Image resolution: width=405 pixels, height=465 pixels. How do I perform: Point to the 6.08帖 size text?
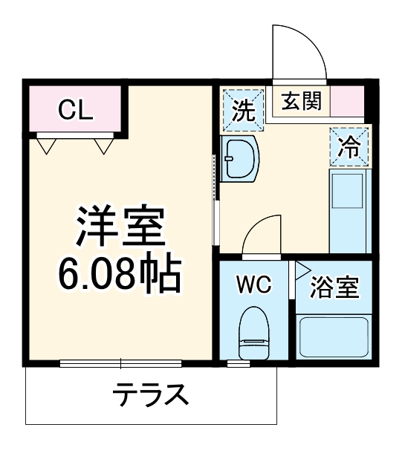tap(120, 275)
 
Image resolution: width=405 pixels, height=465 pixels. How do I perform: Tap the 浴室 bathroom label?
tap(334, 287)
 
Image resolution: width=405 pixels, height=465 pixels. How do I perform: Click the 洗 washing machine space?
tap(243, 109)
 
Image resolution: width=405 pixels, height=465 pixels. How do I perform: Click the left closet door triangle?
tap(47, 146)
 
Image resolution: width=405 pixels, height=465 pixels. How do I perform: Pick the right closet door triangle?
tap(103, 146)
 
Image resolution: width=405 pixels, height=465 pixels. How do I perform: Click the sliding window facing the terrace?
tap(121, 363)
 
